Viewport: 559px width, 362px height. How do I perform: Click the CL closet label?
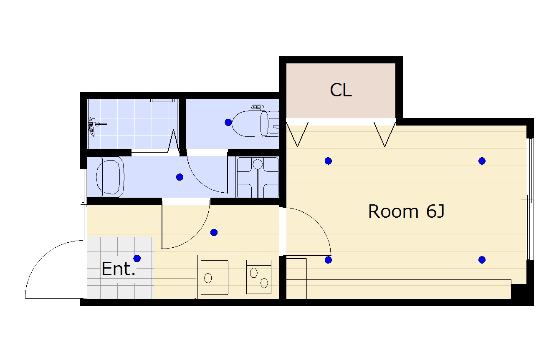coord(341,90)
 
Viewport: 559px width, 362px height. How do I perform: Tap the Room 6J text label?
coord(406,211)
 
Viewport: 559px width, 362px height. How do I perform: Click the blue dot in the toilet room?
coord(228,123)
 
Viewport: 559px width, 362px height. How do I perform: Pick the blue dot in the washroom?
coord(180,177)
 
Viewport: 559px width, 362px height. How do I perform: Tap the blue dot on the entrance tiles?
coord(137,258)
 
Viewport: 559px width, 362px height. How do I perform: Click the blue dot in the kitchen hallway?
coord(214,232)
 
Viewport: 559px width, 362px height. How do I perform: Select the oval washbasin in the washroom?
coord(110,177)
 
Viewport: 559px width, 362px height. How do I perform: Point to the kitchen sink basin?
coord(214,277)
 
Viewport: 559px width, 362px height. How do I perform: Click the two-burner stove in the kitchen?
coord(259,277)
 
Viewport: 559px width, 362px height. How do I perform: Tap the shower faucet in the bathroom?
coord(95,126)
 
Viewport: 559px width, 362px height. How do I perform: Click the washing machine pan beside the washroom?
coord(258,177)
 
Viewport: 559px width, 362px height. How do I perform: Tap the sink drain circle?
coord(208,278)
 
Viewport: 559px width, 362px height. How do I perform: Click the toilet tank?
coord(274,124)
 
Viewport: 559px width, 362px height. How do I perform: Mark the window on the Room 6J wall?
coord(530,199)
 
